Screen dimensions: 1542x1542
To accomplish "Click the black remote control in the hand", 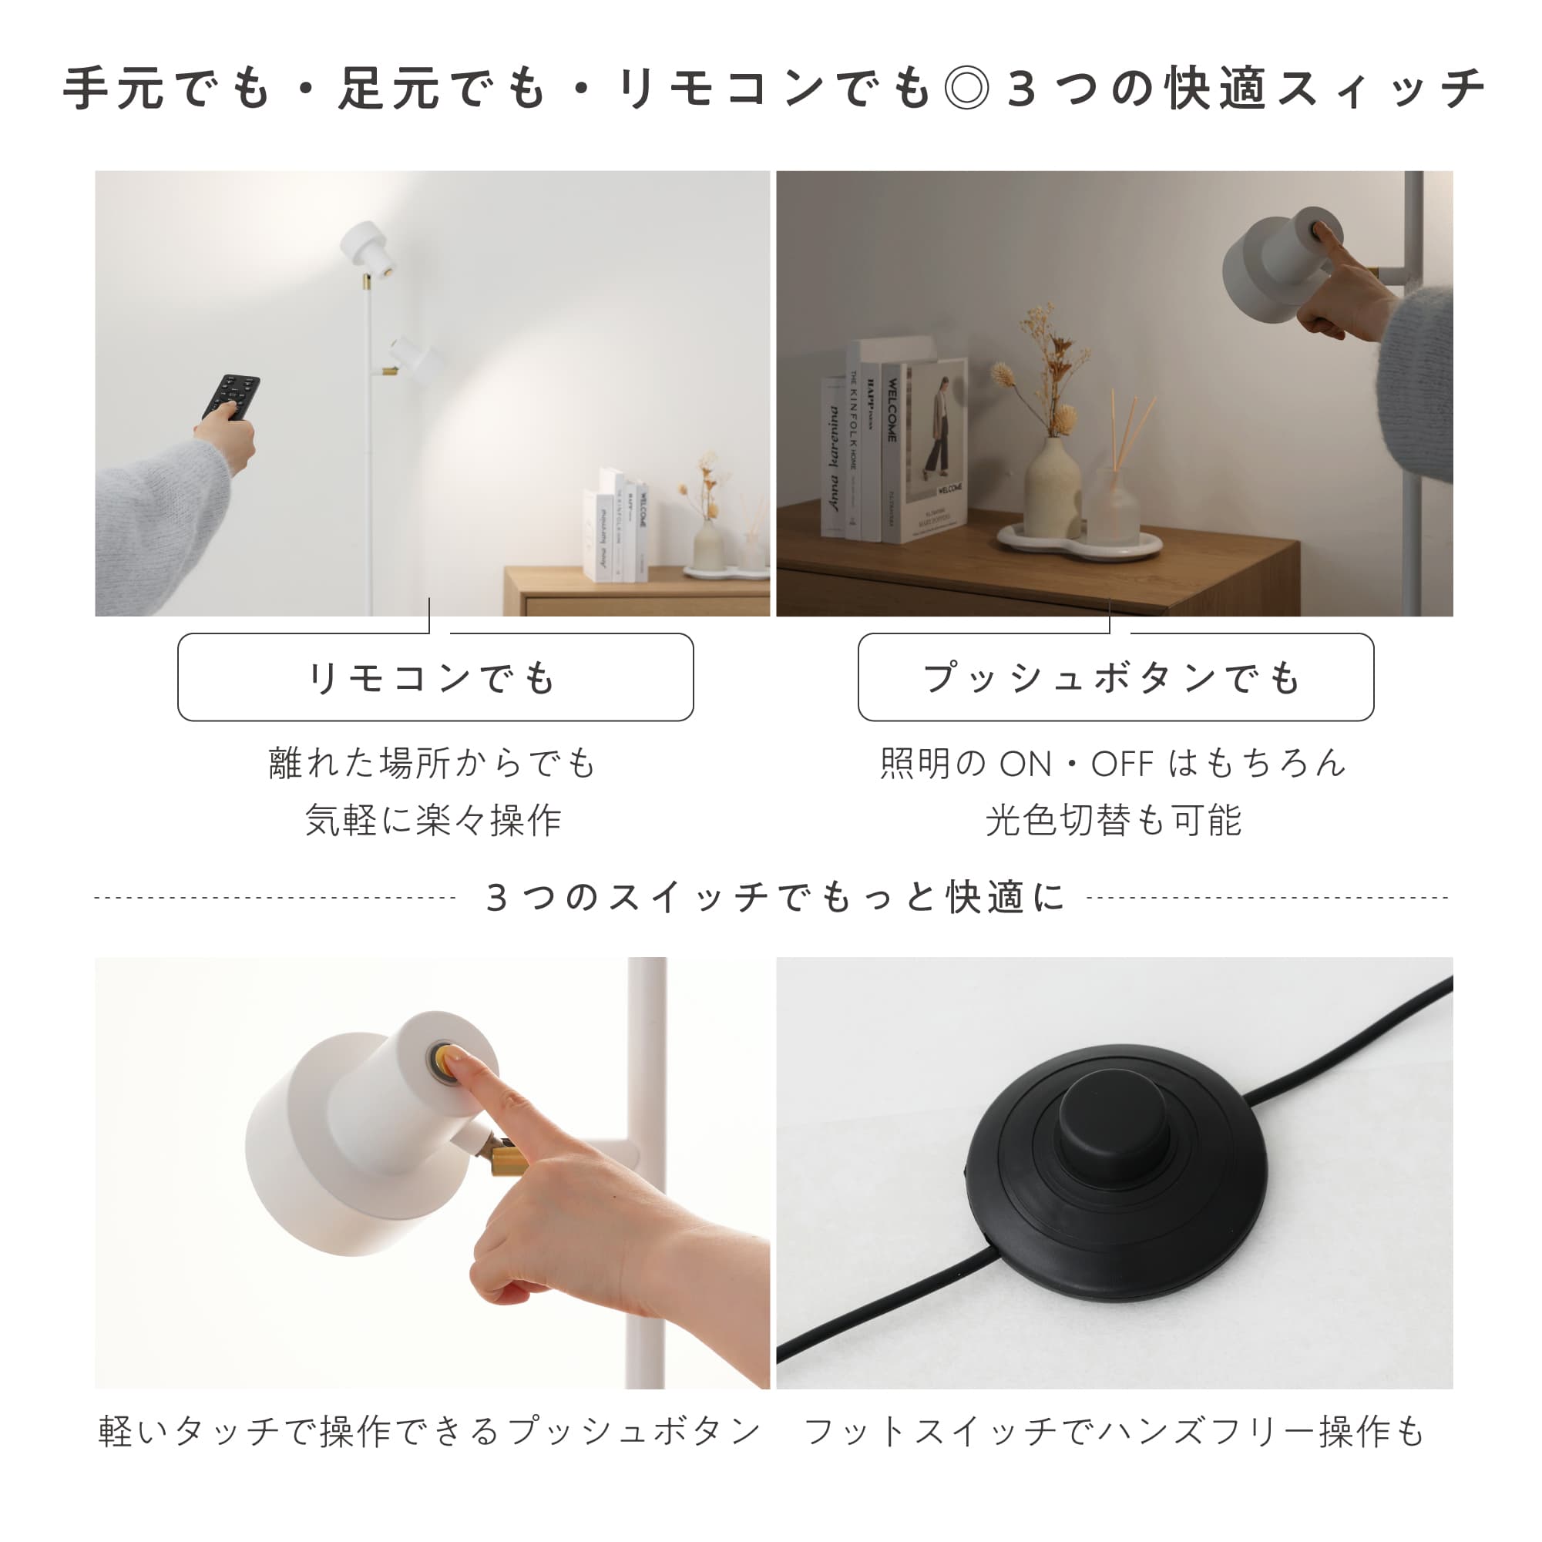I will (x=230, y=396).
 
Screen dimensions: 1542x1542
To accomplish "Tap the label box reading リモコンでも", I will (x=435, y=677).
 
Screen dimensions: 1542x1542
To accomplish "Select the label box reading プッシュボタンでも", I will (x=1115, y=677).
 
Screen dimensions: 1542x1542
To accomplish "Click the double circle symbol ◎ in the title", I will (x=966, y=88).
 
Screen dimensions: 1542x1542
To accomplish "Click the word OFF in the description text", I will (x=1121, y=764).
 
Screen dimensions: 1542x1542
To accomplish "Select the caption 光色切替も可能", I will (x=1114, y=821).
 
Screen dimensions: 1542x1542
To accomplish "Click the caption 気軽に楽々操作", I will (x=434, y=821).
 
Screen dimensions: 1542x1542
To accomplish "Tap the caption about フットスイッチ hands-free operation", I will (x=1114, y=1432).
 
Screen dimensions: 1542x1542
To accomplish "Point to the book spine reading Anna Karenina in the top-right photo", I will (x=833, y=459).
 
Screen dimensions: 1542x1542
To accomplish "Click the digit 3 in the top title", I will (x=1022, y=88).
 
